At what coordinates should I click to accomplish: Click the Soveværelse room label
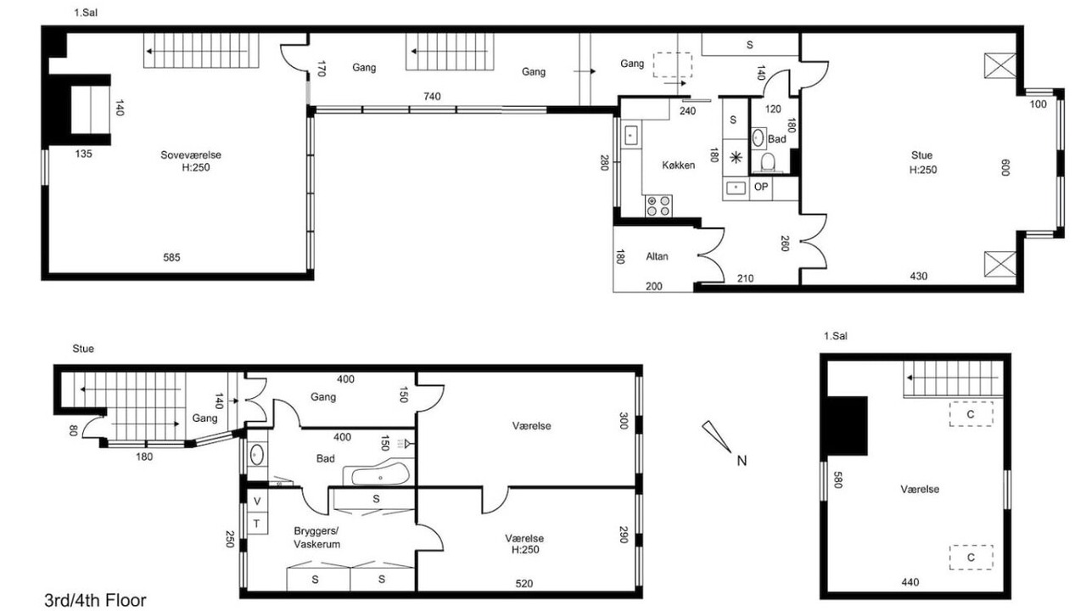pyautogui.click(x=191, y=155)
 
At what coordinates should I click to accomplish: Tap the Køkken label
pyautogui.click(x=678, y=165)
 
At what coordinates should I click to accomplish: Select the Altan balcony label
pyautogui.click(x=657, y=256)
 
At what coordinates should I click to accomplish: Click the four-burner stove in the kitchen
pyautogui.click(x=658, y=206)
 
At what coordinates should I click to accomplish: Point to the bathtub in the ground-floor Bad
pyautogui.click(x=379, y=474)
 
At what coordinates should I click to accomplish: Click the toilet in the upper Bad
pyautogui.click(x=767, y=162)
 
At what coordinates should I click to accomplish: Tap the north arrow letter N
pyautogui.click(x=742, y=461)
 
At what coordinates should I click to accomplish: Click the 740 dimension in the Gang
pyautogui.click(x=432, y=97)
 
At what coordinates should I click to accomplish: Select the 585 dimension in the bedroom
pyautogui.click(x=171, y=257)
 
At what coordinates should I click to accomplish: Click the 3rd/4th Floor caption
pyautogui.click(x=96, y=600)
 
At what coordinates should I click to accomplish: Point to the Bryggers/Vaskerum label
pyautogui.click(x=316, y=537)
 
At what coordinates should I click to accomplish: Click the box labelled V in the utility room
pyautogui.click(x=257, y=502)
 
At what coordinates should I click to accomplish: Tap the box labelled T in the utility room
pyautogui.click(x=257, y=524)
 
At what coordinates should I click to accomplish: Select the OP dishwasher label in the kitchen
pyautogui.click(x=761, y=187)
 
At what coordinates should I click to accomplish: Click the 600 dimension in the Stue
pyautogui.click(x=1005, y=168)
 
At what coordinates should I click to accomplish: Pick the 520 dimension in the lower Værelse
pyautogui.click(x=524, y=584)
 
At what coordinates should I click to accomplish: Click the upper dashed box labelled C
pyautogui.click(x=971, y=414)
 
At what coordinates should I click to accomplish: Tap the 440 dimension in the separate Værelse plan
pyautogui.click(x=910, y=582)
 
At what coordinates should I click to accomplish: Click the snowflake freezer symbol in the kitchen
pyautogui.click(x=736, y=157)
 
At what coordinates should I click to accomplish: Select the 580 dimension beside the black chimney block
pyautogui.click(x=837, y=479)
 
